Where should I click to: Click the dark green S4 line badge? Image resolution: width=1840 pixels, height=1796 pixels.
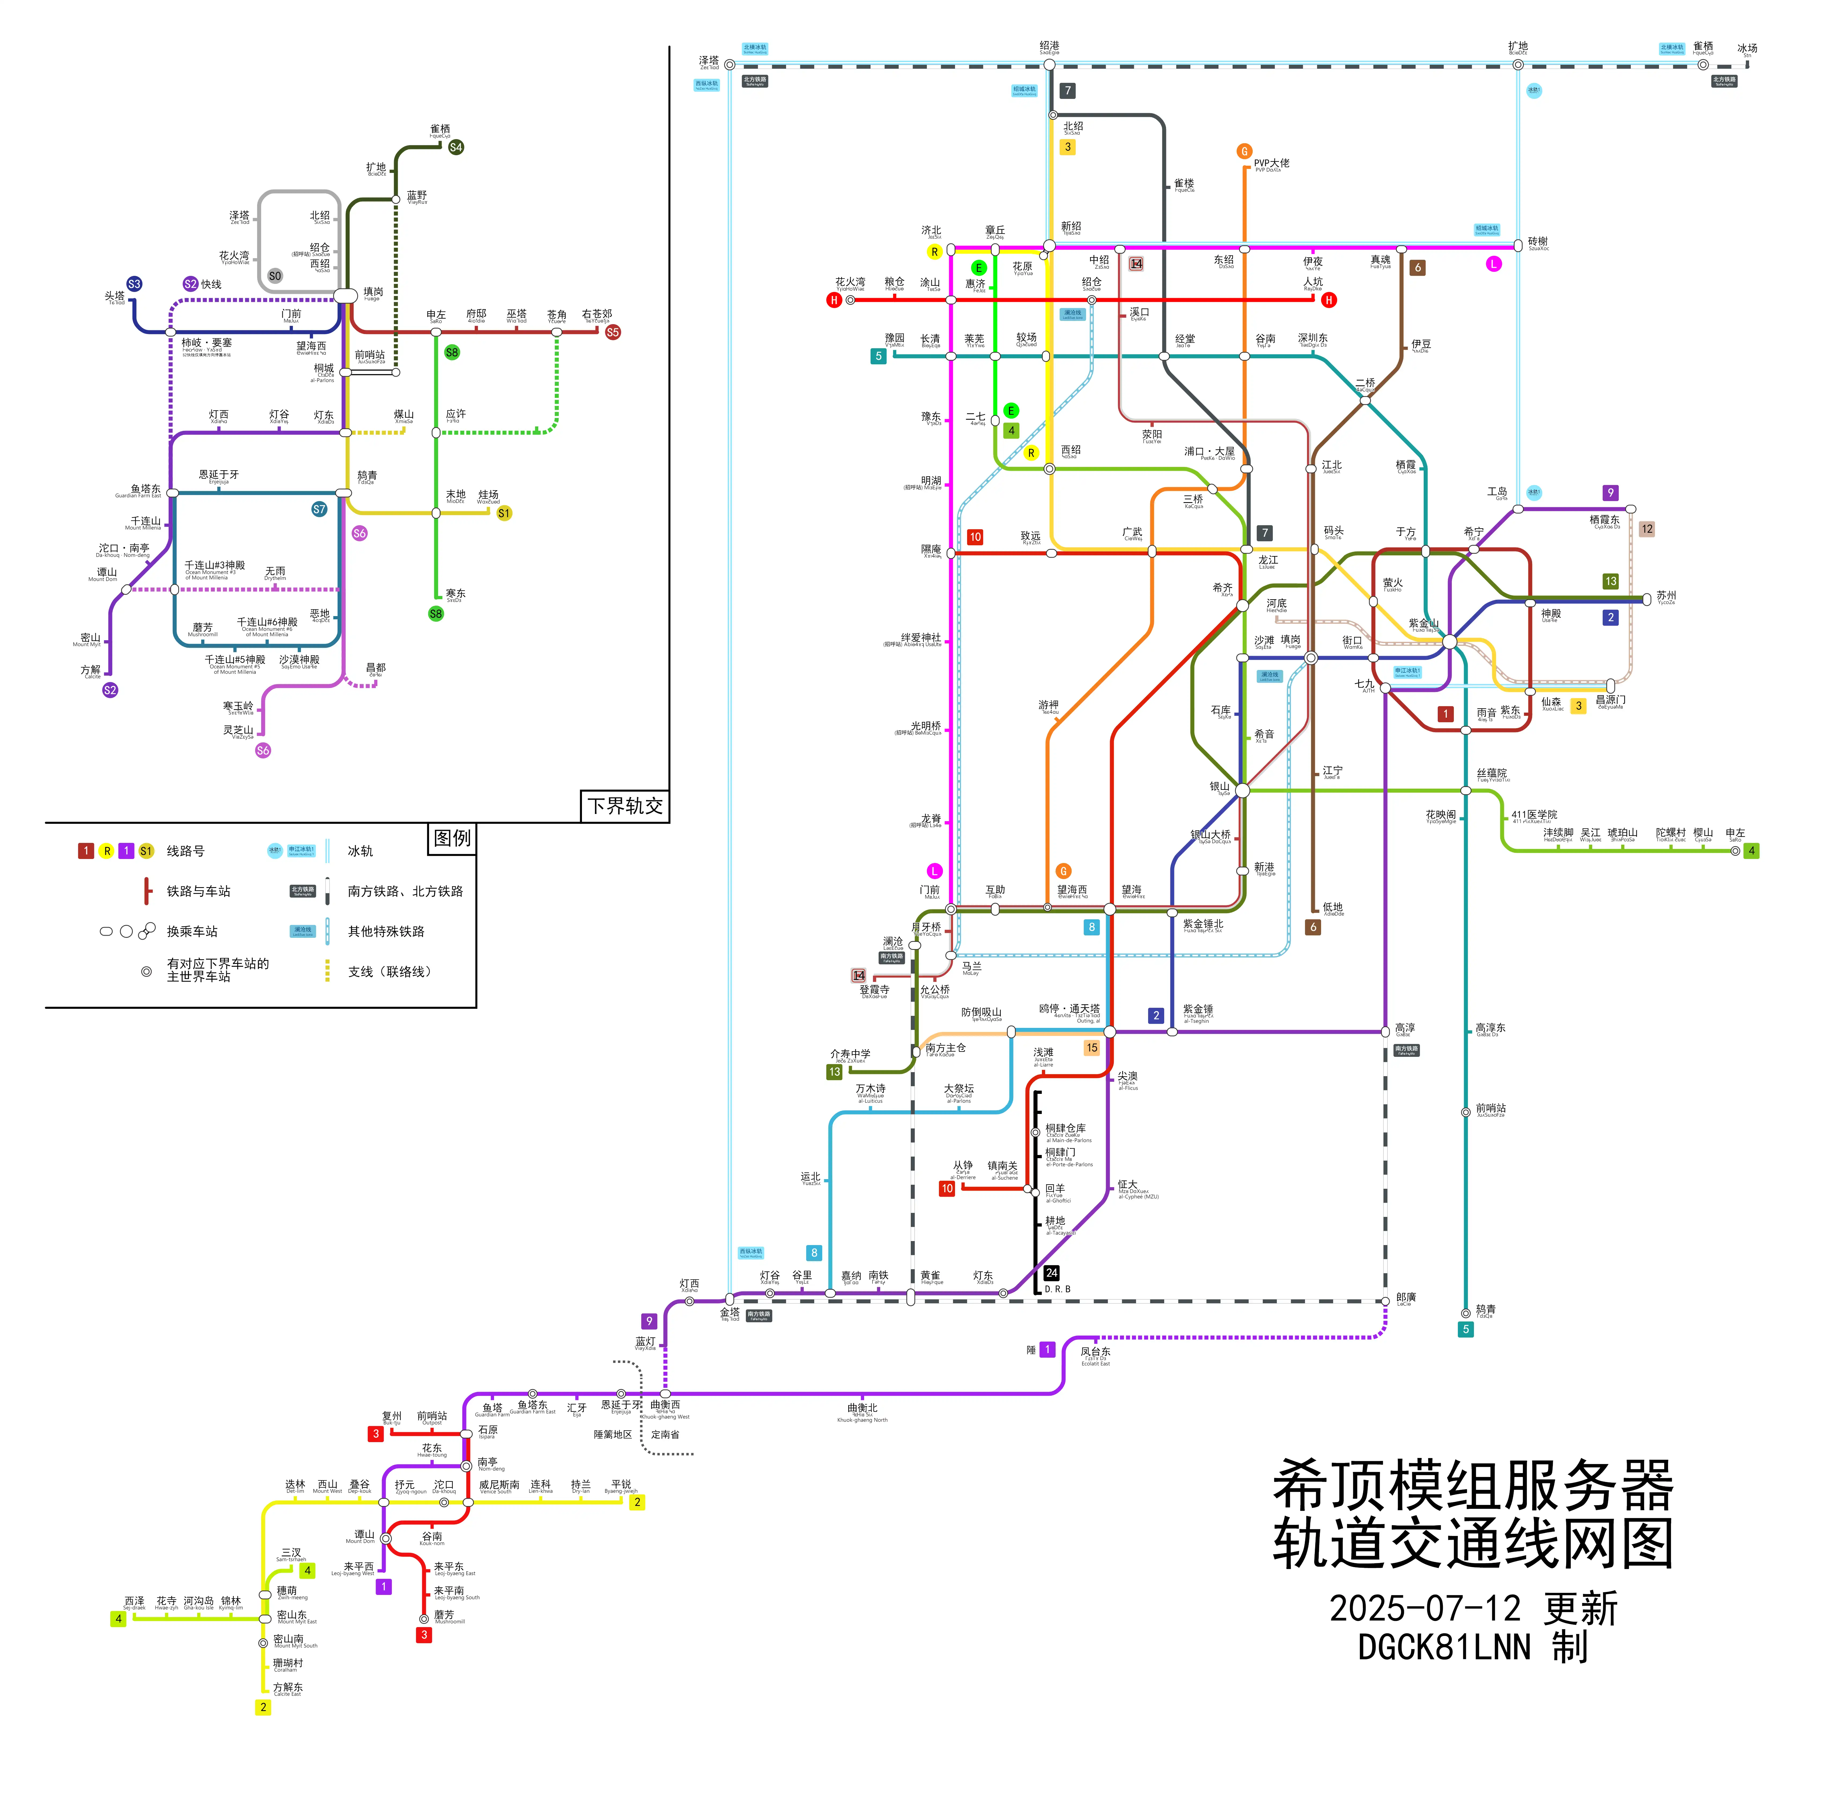point(456,147)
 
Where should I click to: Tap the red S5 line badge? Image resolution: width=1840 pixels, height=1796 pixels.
point(613,332)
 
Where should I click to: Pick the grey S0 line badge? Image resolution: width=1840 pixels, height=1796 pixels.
point(275,276)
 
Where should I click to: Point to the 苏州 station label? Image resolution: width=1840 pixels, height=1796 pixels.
point(1666,596)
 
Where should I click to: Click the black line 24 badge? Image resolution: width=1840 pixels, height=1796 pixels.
point(1051,1273)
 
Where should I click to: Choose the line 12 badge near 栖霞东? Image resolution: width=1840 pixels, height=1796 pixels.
point(1647,529)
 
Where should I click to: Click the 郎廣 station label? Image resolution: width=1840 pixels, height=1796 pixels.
point(1405,1298)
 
